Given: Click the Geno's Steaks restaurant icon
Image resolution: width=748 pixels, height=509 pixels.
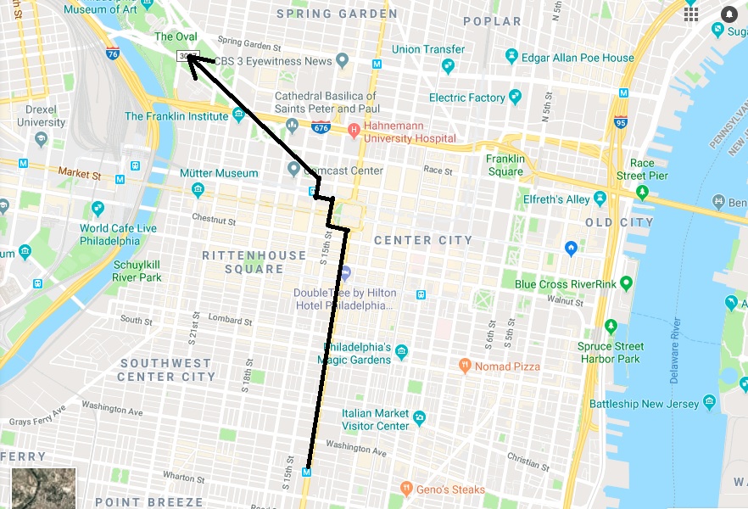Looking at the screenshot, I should pyautogui.click(x=407, y=489).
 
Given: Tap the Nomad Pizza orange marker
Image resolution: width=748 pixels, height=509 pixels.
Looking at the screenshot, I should pyautogui.click(x=464, y=366).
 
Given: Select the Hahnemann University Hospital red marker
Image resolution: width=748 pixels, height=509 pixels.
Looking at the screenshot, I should pyautogui.click(x=354, y=131).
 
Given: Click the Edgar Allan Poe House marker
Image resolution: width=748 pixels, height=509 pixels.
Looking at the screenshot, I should pyautogui.click(x=511, y=57).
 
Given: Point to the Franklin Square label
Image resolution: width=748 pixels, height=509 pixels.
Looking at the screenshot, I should pyautogui.click(x=505, y=165).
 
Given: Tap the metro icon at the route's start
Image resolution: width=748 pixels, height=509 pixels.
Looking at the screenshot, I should pyautogui.click(x=307, y=472).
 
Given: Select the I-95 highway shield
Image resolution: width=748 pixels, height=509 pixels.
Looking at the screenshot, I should pyautogui.click(x=622, y=120).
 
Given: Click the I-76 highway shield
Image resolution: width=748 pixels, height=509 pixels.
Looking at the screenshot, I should pyautogui.click(x=113, y=53).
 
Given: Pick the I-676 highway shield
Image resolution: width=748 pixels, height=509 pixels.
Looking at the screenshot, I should pyautogui.click(x=321, y=128).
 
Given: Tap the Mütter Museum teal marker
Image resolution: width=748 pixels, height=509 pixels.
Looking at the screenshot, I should pyautogui.click(x=198, y=189).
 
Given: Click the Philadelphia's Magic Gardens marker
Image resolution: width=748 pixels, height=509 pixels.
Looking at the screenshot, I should pyautogui.click(x=402, y=352).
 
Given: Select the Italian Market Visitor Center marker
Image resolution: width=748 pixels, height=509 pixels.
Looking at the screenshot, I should pyautogui.click(x=419, y=417).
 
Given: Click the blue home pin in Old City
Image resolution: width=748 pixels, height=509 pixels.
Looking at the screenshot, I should pyautogui.click(x=572, y=248).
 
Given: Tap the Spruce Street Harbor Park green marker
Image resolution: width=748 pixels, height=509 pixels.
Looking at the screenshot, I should pyautogui.click(x=611, y=327).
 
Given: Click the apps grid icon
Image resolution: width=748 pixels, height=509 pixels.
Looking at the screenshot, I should pyautogui.click(x=691, y=14).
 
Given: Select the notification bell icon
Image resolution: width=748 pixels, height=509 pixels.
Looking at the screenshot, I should pyautogui.click(x=729, y=14).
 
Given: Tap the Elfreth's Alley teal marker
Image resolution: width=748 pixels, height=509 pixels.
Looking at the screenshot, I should pyautogui.click(x=600, y=199).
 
